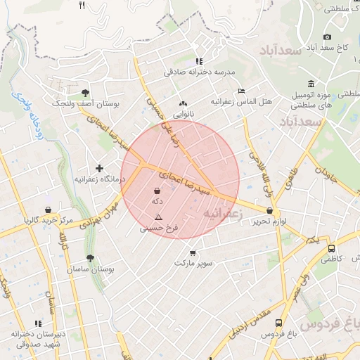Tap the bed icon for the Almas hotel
click(x=241, y=91)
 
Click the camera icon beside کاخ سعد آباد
click(x=327, y=37)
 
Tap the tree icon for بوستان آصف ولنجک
click(x=85, y=92)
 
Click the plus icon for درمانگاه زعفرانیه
click(x=99, y=168)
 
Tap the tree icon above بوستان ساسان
click(x=90, y=258)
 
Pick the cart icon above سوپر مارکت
click(x=193, y=252)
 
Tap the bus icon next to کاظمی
click(x=331, y=248)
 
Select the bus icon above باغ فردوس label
click(x=279, y=323)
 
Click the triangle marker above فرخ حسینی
click(x=158, y=217)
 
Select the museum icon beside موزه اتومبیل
click(x=310, y=84)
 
